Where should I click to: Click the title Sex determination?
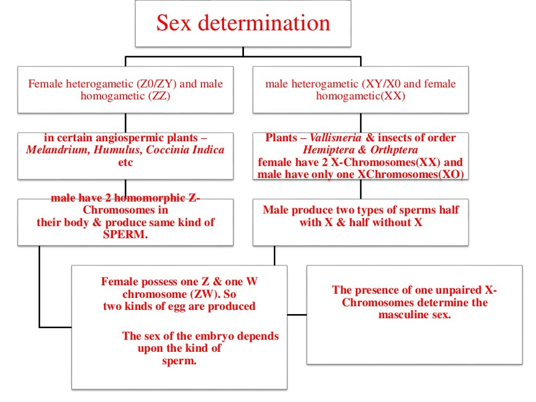[x=243, y=23]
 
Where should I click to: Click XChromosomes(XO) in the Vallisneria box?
[x=411, y=175]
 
